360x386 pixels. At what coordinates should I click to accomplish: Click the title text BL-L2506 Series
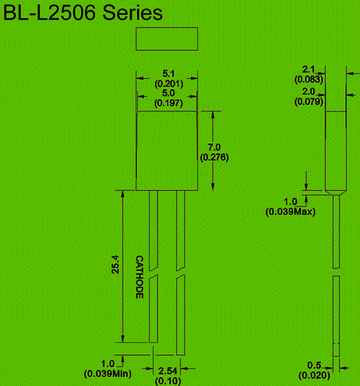(83, 13)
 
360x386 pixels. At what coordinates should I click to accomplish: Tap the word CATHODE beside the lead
(139, 277)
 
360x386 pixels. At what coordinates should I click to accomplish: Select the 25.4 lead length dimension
(116, 264)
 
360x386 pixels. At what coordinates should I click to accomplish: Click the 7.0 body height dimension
(214, 147)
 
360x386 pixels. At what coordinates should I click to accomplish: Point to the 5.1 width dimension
(168, 73)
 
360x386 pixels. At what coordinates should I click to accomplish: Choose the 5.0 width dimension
(168, 93)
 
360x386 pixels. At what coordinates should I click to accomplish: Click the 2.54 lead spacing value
(168, 371)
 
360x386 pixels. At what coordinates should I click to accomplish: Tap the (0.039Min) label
(108, 374)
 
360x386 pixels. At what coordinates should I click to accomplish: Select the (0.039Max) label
(291, 212)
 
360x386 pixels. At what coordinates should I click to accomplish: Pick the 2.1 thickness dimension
(309, 69)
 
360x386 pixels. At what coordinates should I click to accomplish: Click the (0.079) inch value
(309, 102)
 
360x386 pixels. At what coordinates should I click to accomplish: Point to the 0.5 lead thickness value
(314, 365)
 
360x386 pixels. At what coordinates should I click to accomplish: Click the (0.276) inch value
(214, 157)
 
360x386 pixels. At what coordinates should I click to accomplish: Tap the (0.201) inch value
(169, 84)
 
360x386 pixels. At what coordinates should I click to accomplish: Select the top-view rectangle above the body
(167, 39)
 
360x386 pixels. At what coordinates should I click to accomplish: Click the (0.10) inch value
(168, 381)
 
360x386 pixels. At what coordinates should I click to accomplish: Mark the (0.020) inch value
(314, 376)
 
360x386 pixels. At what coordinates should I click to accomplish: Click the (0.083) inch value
(309, 79)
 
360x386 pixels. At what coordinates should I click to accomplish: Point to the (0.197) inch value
(168, 103)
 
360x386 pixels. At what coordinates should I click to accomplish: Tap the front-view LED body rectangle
(167, 151)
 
